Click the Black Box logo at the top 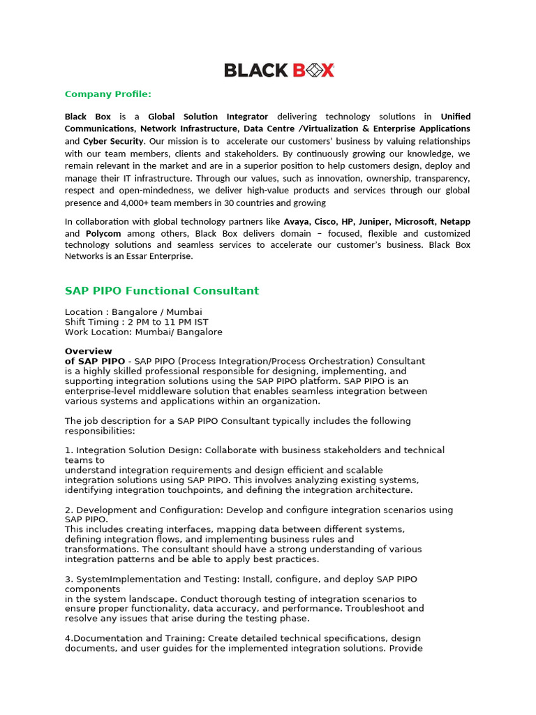(279, 70)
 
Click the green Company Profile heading (107, 94)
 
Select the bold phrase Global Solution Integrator (208, 117)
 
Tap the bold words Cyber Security (113, 141)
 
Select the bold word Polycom (103, 233)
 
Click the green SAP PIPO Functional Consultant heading (162, 290)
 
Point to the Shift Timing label (92, 322)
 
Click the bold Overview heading (89, 351)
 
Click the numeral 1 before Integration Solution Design (67, 450)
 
